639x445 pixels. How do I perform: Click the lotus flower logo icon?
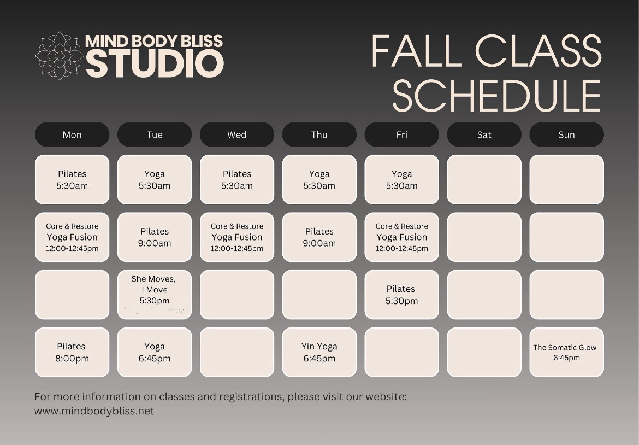point(60,55)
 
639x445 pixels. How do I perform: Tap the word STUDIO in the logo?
point(155,63)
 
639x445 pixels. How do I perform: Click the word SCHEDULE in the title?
point(496,96)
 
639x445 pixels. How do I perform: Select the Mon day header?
point(72,134)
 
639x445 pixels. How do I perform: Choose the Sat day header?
point(484,134)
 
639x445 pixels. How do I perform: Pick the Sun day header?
point(566,134)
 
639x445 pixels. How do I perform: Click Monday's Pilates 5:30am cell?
point(72,179)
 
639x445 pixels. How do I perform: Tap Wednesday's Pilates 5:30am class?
point(237,179)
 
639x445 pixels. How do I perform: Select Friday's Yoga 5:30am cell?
point(402,179)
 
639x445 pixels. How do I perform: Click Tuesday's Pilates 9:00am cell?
point(155,237)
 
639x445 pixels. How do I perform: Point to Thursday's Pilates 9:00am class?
point(319,237)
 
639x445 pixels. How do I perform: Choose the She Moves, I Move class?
point(155,295)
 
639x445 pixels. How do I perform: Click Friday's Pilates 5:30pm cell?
point(402,295)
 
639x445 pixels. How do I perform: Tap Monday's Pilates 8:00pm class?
point(72,352)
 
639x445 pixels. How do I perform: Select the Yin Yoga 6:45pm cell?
point(319,352)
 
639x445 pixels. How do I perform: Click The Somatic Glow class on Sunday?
point(566,352)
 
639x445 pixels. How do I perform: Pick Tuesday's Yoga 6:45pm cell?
point(155,352)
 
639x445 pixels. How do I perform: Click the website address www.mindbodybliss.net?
point(94,411)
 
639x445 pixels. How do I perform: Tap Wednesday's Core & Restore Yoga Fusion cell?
point(237,237)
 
